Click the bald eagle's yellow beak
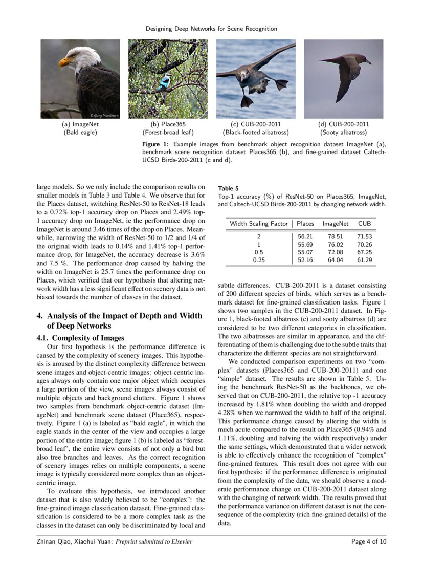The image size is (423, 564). pyautogui.click(x=63, y=62)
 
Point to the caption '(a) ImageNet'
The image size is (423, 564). pyautogui.click(x=80, y=124)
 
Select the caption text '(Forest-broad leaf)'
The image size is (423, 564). pyautogui.click(x=168, y=133)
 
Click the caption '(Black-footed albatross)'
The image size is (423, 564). pyautogui.click(x=256, y=133)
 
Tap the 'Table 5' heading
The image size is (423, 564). pyautogui.click(x=228, y=188)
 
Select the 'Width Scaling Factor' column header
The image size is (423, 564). pyautogui.click(x=259, y=224)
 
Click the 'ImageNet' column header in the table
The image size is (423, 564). pyautogui.click(x=336, y=224)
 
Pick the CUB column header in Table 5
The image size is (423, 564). pyautogui.click(x=365, y=224)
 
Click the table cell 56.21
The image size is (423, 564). pyautogui.click(x=305, y=236)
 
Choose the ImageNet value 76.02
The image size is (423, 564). pyautogui.click(x=336, y=244)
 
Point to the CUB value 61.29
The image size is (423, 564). pyautogui.click(x=365, y=260)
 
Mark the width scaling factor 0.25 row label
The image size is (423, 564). pyautogui.click(x=259, y=260)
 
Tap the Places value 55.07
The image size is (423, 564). pyautogui.click(x=305, y=252)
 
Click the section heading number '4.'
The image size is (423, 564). pyautogui.click(x=39, y=316)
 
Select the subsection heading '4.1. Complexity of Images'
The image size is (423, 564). pyautogui.click(x=80, y=338)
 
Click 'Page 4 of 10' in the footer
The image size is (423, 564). pyautogui.click(x=369, y=541)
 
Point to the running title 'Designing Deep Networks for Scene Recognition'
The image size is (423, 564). pyautogui.click(x=211, y=29)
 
